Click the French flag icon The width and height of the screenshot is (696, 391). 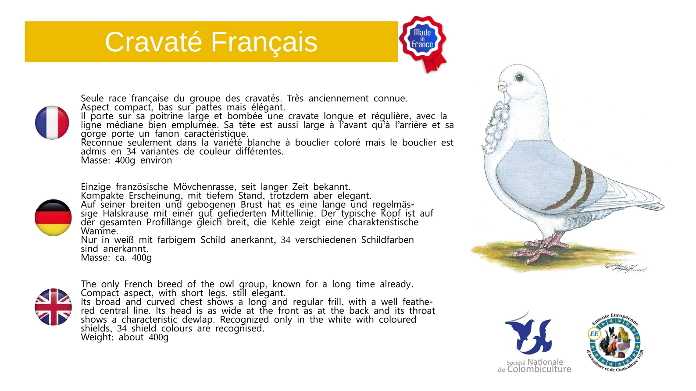[52, 122]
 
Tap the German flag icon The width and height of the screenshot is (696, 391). [53, 217]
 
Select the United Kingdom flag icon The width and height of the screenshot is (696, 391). [53, 307]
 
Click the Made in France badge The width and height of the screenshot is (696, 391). [423, 43]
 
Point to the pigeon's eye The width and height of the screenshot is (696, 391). [519, 77]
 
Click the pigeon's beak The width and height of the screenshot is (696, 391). [503, 86]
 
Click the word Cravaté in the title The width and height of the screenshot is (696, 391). [153, 42]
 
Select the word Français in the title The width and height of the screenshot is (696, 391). [264, 43]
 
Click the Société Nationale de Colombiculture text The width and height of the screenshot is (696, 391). [535, 366]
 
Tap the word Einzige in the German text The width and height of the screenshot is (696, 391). [96, 187]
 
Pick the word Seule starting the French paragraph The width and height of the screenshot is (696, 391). [92, 99]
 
